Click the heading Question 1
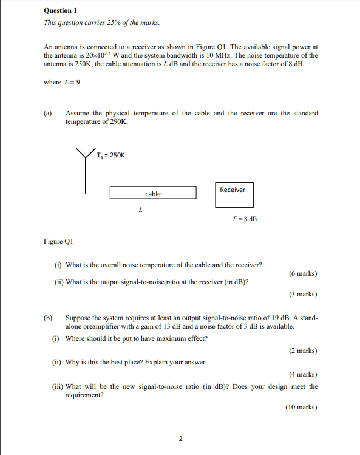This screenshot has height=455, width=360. pos(61,11)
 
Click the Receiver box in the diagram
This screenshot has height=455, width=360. pos(233,194)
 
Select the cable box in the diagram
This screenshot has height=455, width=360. pos(153,194)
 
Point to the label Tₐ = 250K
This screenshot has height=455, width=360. pos(110,155)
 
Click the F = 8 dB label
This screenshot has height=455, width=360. pos(245,219)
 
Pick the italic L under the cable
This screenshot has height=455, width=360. pos(140,211)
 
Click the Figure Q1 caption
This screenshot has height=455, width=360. pos(58,241)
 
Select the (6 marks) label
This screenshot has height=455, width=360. pos(303,273)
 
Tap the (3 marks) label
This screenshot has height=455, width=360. pos(303,294)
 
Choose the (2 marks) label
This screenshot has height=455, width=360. pos(303,351)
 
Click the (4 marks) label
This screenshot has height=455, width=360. pos(303,374)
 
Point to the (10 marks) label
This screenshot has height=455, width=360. pos(301,407)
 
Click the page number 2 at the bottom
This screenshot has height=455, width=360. pos(180,439)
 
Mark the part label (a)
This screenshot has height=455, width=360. pos(48,113)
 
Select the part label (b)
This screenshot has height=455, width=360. pos(48,318)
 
